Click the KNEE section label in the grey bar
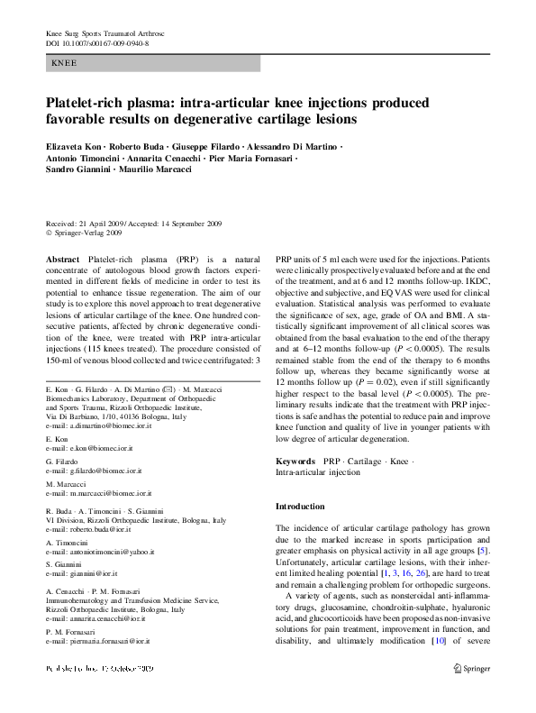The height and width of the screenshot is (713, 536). click(65, 64)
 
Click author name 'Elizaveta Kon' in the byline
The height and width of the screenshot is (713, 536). click(73, 145)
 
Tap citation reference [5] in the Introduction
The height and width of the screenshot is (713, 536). click(483, 550)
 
